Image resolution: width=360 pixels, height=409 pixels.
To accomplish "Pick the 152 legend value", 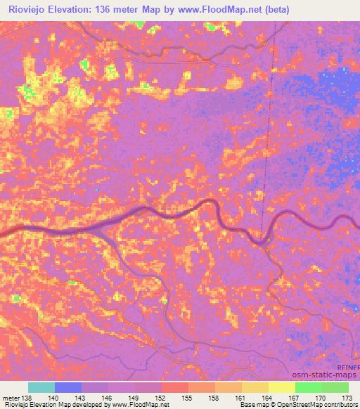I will (161, 398).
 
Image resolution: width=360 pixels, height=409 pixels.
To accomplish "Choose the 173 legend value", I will (348, 398).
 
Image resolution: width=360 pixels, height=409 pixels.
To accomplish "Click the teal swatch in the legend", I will (41, 387).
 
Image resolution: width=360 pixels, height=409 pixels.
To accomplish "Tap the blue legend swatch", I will (68, 387).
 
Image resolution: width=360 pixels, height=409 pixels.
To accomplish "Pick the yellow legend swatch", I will (281, 387).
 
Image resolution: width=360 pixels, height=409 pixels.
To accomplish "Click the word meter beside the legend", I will (12, 398).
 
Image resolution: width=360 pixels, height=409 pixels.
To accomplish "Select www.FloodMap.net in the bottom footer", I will (137, 405).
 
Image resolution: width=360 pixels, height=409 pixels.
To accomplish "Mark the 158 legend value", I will (214, 398).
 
